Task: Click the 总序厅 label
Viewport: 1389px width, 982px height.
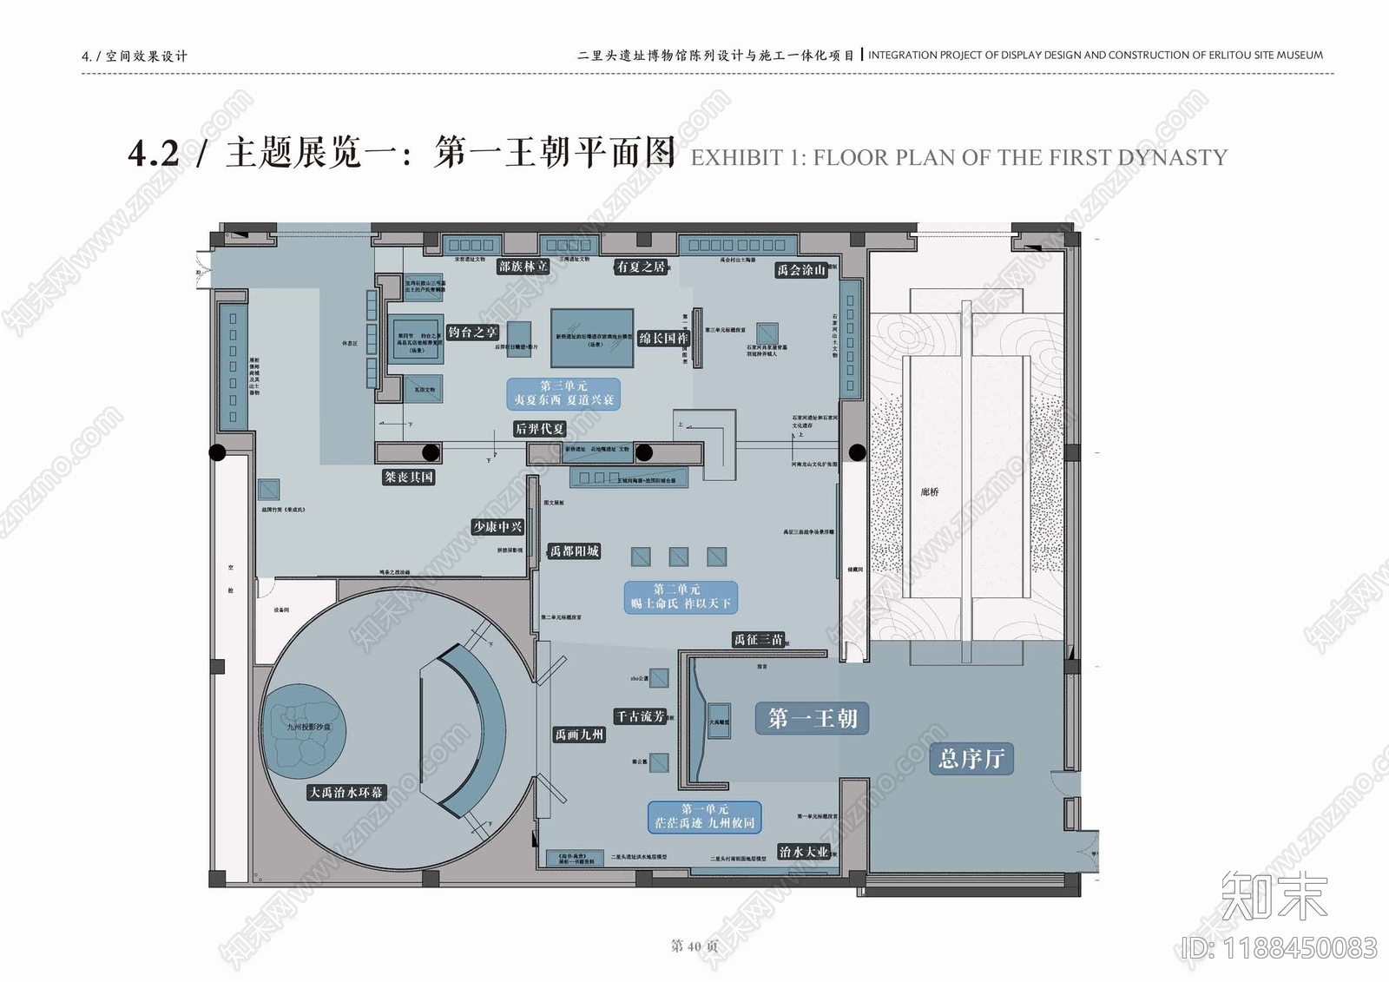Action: coord(971,759)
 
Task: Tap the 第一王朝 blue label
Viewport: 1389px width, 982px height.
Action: coord(813,719)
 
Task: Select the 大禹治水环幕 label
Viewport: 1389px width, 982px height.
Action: coord(346,792)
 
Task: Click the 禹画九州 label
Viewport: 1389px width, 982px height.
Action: coord(579,735)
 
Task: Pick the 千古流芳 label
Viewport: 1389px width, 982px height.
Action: coord(641,716)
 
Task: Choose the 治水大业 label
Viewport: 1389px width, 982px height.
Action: coord(803,852)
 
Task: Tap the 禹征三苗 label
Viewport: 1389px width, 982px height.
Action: coord(759,640)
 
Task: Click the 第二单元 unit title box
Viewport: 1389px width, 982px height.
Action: coord(681,596)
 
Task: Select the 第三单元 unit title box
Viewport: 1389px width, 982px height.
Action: coord(563,393)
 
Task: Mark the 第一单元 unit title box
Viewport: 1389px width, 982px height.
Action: coord(705,816)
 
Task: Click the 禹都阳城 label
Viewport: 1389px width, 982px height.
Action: coord(575,551)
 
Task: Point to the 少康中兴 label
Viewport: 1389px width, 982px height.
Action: coord(498,527)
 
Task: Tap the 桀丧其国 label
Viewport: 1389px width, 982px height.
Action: coord(408,478)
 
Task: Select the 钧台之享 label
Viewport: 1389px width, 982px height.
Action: coord(472,333)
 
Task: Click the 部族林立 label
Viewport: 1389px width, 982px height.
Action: coord(523,267)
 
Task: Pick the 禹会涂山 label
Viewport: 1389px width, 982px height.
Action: coord(800,270)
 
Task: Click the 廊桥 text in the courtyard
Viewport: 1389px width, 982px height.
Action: coord(930,492)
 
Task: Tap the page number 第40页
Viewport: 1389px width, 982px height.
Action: coord(694,946)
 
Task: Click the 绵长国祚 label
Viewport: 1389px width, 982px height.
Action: coord(663,339)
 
